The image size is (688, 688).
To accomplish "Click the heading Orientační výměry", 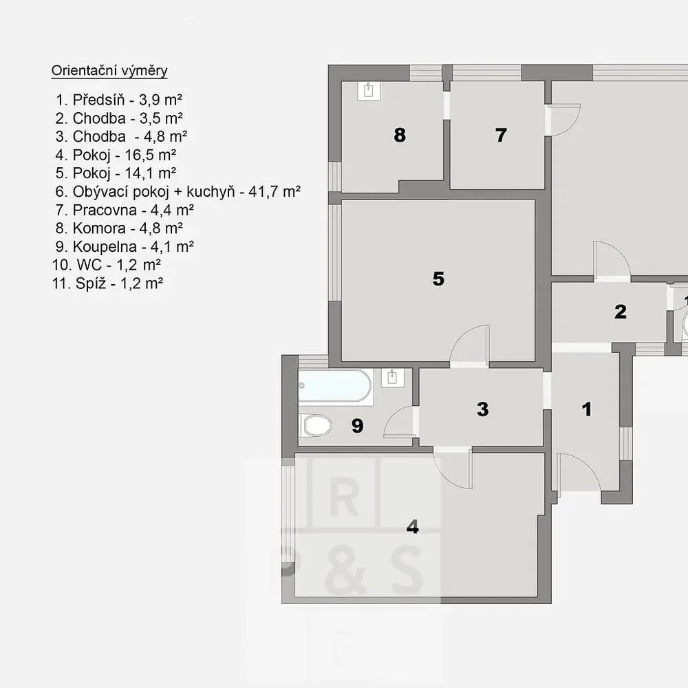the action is [x=109, y=71].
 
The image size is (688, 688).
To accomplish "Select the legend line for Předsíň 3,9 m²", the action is [x=119, y=100].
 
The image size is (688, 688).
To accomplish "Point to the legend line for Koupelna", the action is [x=125, y=246].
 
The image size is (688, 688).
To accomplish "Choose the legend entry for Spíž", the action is [x=107, y=283].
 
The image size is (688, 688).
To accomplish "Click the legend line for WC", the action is [x=107, y=265].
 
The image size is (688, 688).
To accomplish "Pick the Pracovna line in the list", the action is [x=125, y=210].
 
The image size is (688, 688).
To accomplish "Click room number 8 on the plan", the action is [x=400, y=135].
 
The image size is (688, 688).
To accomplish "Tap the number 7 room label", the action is [x=501, y=135].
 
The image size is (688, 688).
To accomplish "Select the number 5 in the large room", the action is [x=438, y=279].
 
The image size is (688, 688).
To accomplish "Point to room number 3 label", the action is [x=483, y=409].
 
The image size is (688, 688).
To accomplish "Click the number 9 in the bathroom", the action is [x=358, y=426].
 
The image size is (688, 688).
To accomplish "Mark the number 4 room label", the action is [x=412, y=526].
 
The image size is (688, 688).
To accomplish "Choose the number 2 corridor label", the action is [x=621, y=312].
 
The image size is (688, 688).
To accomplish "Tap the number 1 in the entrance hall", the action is [x=587, y=409].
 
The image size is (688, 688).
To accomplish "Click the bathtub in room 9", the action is [x=335, y=386].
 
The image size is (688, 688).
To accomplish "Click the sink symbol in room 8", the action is [x=369, y=91].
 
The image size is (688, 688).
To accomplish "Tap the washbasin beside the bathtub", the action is [x=393, y=378].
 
